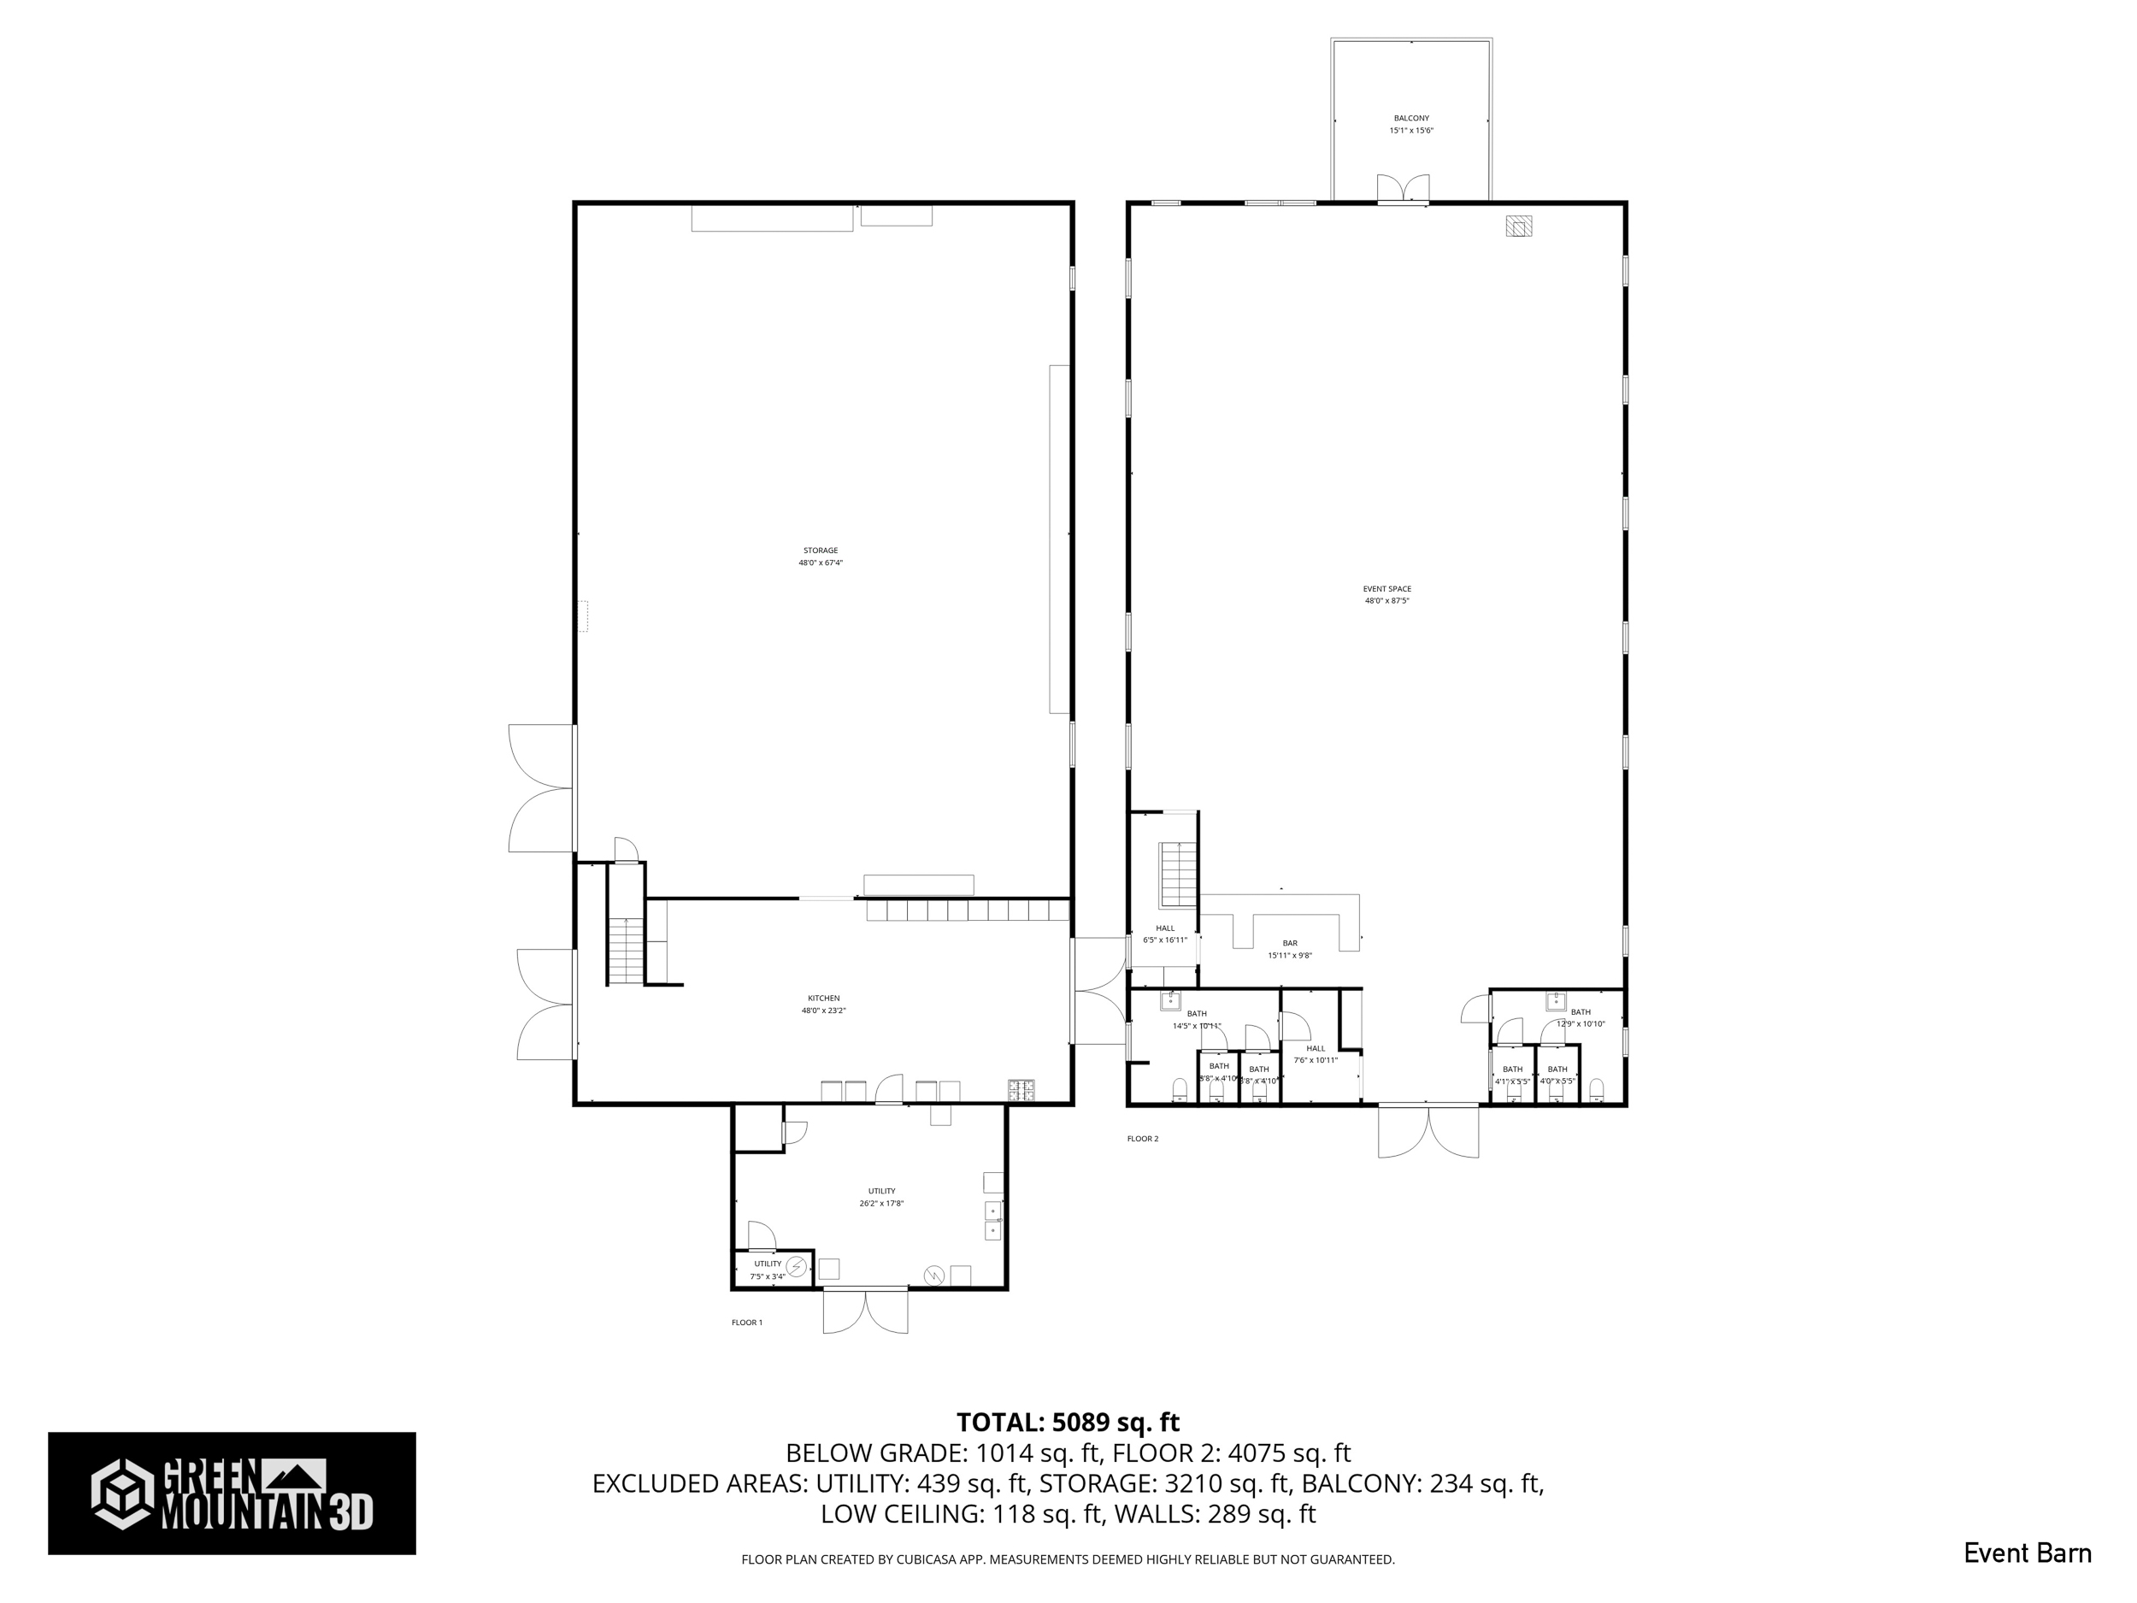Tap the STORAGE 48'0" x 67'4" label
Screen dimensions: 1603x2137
point(821,557)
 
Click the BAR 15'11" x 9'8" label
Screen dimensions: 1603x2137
point(1290,949)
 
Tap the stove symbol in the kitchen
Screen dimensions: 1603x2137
point(1021,1090)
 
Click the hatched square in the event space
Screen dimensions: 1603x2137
point(1519,226)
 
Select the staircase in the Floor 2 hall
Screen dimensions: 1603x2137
point(1179,875)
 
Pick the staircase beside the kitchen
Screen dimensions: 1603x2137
point(627,951)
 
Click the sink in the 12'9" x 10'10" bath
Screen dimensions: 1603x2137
point(1556,1001)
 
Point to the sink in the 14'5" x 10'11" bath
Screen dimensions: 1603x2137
point(1174,1000)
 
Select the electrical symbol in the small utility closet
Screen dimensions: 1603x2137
point(796,1266)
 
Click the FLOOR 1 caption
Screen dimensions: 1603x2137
point(747,1323)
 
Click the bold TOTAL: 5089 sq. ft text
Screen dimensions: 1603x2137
point(1068,1423)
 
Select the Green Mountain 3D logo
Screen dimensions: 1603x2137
point(232,1493)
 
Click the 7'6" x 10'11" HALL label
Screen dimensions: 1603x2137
point(1315,1054)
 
